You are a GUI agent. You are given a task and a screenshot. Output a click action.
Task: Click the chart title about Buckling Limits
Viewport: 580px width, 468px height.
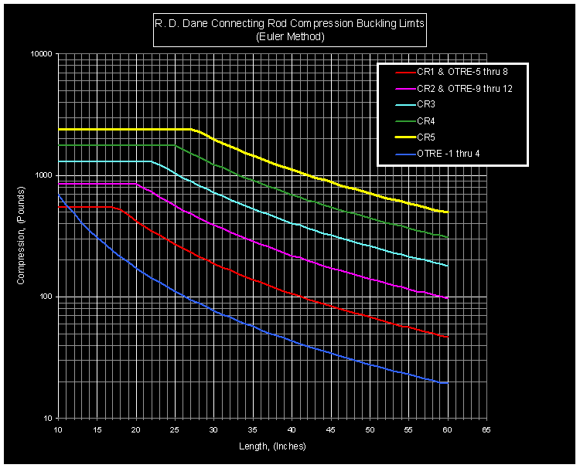coord(290,25)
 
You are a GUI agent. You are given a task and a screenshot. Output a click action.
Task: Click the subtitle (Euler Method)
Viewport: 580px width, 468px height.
coord(290,36)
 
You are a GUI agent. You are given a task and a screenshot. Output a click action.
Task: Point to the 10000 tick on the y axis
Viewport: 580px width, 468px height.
coord(39,54)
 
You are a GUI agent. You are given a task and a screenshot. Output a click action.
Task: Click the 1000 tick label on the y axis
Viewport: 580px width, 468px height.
coord(42,175)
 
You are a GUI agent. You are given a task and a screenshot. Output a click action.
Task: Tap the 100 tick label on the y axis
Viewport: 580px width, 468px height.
coord(44,297)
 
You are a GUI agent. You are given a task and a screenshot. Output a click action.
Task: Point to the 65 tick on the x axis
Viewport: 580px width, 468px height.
coord(486,428)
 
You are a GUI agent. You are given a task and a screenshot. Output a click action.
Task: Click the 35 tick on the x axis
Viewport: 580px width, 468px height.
coord(252,428)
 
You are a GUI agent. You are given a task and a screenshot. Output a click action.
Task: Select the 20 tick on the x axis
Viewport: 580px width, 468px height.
coord(135,428)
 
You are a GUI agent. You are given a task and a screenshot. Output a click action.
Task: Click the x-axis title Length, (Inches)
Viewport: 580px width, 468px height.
coord(271,446)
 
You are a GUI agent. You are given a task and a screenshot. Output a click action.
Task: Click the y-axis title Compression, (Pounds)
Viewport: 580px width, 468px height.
coord(21,236)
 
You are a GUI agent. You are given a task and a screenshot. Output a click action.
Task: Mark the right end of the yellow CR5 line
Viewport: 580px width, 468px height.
coord(447,212)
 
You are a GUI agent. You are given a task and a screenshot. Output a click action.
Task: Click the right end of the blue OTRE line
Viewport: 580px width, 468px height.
coord(447,383)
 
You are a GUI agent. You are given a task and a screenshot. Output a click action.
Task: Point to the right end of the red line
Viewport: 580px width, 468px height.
coord(447,337)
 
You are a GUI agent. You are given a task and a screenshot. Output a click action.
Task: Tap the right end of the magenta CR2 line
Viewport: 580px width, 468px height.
coord(447,298)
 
